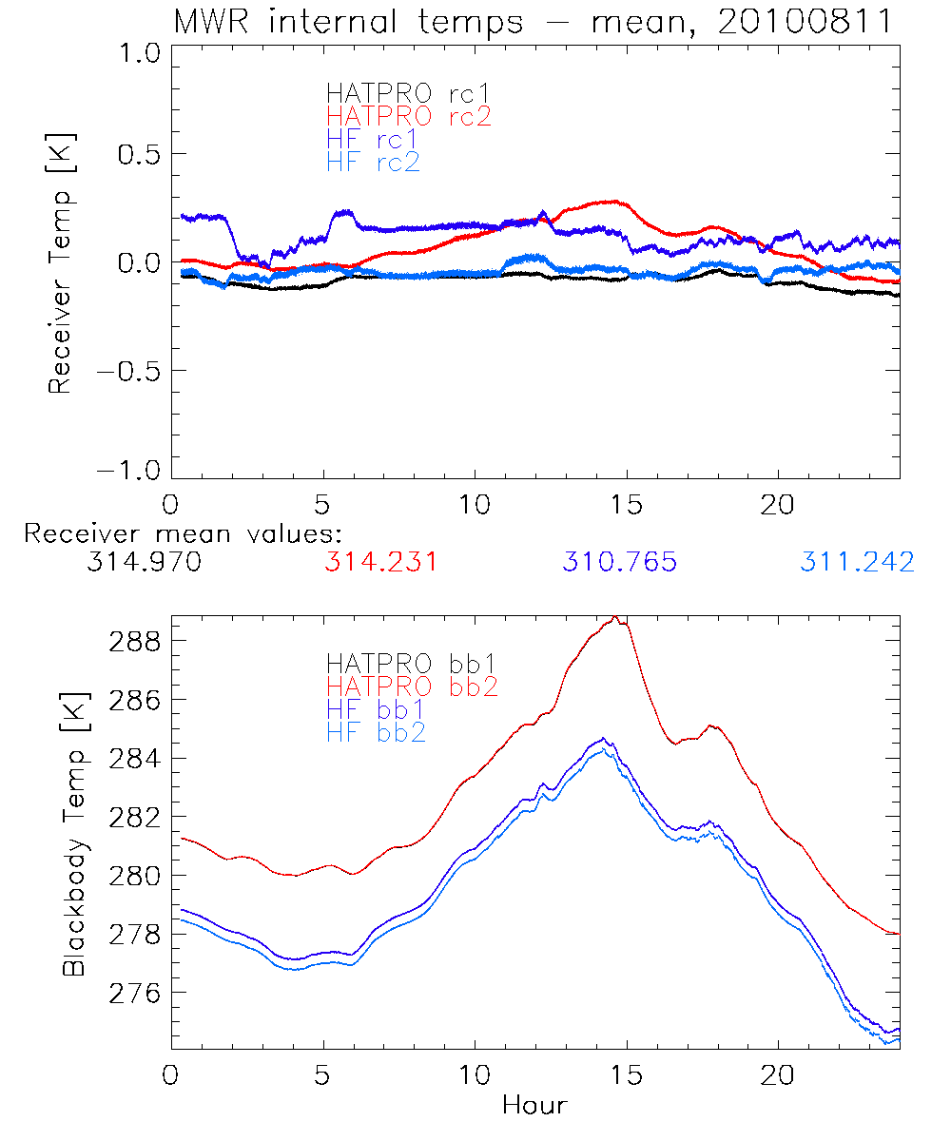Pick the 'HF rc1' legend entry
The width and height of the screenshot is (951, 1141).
coord(372,139)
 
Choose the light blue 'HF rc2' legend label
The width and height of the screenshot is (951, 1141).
coord(372,162)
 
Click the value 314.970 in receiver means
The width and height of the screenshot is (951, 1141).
coord(144,562)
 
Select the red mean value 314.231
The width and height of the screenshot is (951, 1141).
coord(381,562)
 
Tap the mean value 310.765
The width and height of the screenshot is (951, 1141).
coord(619,562)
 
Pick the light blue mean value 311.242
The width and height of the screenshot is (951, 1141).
coord(857,562)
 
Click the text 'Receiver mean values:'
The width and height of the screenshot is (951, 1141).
coord(183,533)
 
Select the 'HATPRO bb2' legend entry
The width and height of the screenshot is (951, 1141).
coord(412,686)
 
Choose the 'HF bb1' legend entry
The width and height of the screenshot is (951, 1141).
coord(375,708)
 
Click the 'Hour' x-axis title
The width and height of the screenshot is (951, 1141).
coord(534,1106)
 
